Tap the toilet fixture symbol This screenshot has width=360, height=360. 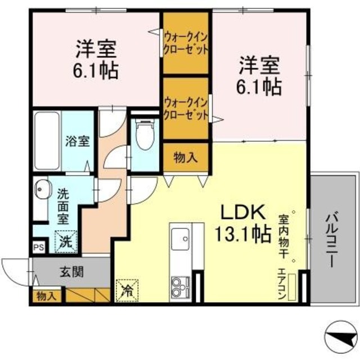[x=145, y=136]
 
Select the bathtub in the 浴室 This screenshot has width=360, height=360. [x=46, y=141]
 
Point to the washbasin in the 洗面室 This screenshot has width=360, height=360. [x=42, y=188]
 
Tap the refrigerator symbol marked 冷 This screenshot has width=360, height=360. [x=126, y=289]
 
